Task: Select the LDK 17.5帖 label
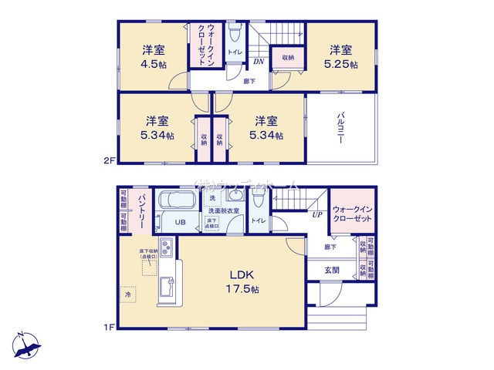click(x=242, y=281)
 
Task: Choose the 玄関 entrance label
click(x=331, y=270)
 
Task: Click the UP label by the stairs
click(x=316, y=215)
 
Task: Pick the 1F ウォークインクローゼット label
click(x=352, y=214)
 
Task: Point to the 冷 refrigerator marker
click(x=127, y=294)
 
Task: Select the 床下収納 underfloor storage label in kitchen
click(x=149, y=253)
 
